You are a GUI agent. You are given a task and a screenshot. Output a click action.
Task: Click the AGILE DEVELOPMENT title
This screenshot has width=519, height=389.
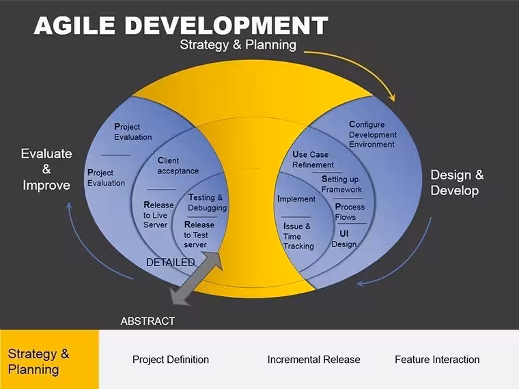pos(181,25)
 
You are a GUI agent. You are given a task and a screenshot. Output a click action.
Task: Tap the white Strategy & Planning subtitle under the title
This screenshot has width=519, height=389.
pos(238,44)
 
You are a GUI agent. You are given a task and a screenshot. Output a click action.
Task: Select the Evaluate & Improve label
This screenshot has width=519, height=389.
pos(46,169)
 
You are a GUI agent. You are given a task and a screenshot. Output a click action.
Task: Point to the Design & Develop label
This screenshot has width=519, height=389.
pos(457,183)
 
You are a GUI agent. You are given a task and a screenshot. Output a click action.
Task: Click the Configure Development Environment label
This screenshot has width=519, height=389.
pos(373,134)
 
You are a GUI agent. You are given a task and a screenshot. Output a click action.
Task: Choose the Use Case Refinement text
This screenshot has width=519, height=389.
pos(313,160)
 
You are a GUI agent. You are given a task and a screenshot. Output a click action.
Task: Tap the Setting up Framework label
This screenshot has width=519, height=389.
pos(341,184)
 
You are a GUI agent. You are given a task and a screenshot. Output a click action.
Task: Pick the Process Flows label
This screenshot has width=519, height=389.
pos(350,212)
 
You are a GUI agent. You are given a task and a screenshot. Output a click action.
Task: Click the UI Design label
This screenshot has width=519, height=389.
pos(344,239)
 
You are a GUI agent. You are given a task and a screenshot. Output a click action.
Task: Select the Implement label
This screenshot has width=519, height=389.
pos(296,199)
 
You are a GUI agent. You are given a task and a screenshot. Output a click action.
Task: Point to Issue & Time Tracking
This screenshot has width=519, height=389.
pos(298,236)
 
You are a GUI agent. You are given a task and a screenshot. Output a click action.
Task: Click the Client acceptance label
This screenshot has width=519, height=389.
pos(178,166)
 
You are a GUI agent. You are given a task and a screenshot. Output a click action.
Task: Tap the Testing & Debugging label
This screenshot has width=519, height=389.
pos(207,203)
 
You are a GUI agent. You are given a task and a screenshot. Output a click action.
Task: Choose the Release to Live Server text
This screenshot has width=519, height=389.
pos(158,215)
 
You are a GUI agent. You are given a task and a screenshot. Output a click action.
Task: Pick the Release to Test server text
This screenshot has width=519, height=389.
pos(199,235)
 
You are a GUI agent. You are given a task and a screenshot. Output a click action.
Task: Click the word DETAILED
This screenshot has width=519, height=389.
pos(170,262)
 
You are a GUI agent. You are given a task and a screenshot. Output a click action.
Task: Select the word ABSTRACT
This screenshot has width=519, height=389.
pos(148,321)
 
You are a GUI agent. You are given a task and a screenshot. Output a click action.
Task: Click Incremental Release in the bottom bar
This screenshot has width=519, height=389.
pos(313,360)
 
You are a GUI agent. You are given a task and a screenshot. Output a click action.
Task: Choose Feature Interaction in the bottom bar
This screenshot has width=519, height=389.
pos(437,360)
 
